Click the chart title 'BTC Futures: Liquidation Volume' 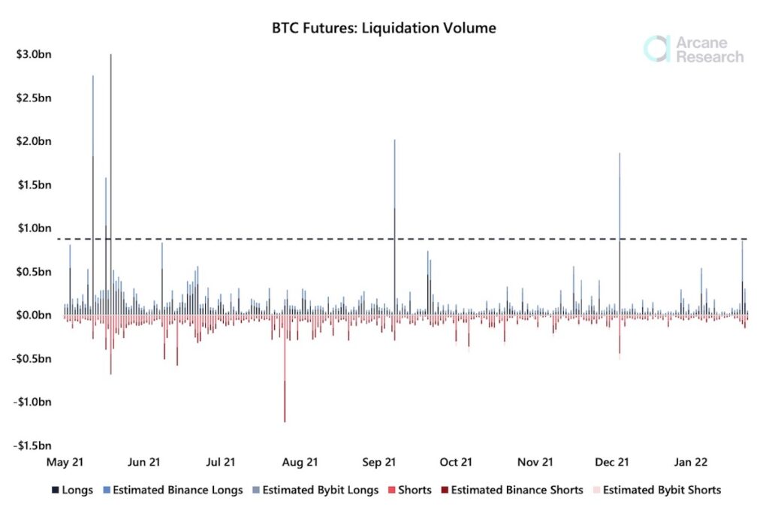(x=384, y=29)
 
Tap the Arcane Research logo (x=694, y=49)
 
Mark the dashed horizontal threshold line (x=451, y=239)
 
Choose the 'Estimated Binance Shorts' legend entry (x=517, y=490)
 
